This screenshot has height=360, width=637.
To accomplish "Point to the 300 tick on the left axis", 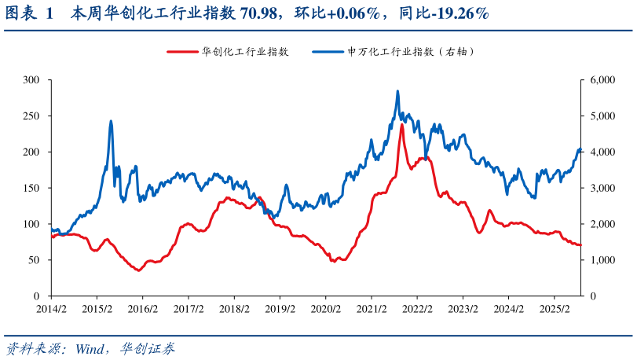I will pyautogui.click(x=31, y=80).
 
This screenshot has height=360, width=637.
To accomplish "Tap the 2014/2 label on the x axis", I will pyautogui.click(x=51, y=309).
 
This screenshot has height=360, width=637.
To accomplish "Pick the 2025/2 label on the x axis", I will pyautogui.click(x=555, y=309).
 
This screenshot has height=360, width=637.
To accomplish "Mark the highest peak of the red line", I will pyautogui.click(x=402, y=124).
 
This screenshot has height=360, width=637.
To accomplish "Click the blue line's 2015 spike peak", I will pyautogui.click(x=111, y=121).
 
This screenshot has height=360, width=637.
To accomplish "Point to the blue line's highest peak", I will pyautogui.click(x=397, y=91).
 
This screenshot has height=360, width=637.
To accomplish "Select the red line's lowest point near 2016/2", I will pyautogui.click(x=139, y=270).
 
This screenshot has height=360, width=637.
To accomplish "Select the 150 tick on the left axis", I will pyautogui.click(x=31, y=188).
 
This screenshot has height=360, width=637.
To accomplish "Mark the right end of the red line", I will pyautogui.click(x=580, y=245).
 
